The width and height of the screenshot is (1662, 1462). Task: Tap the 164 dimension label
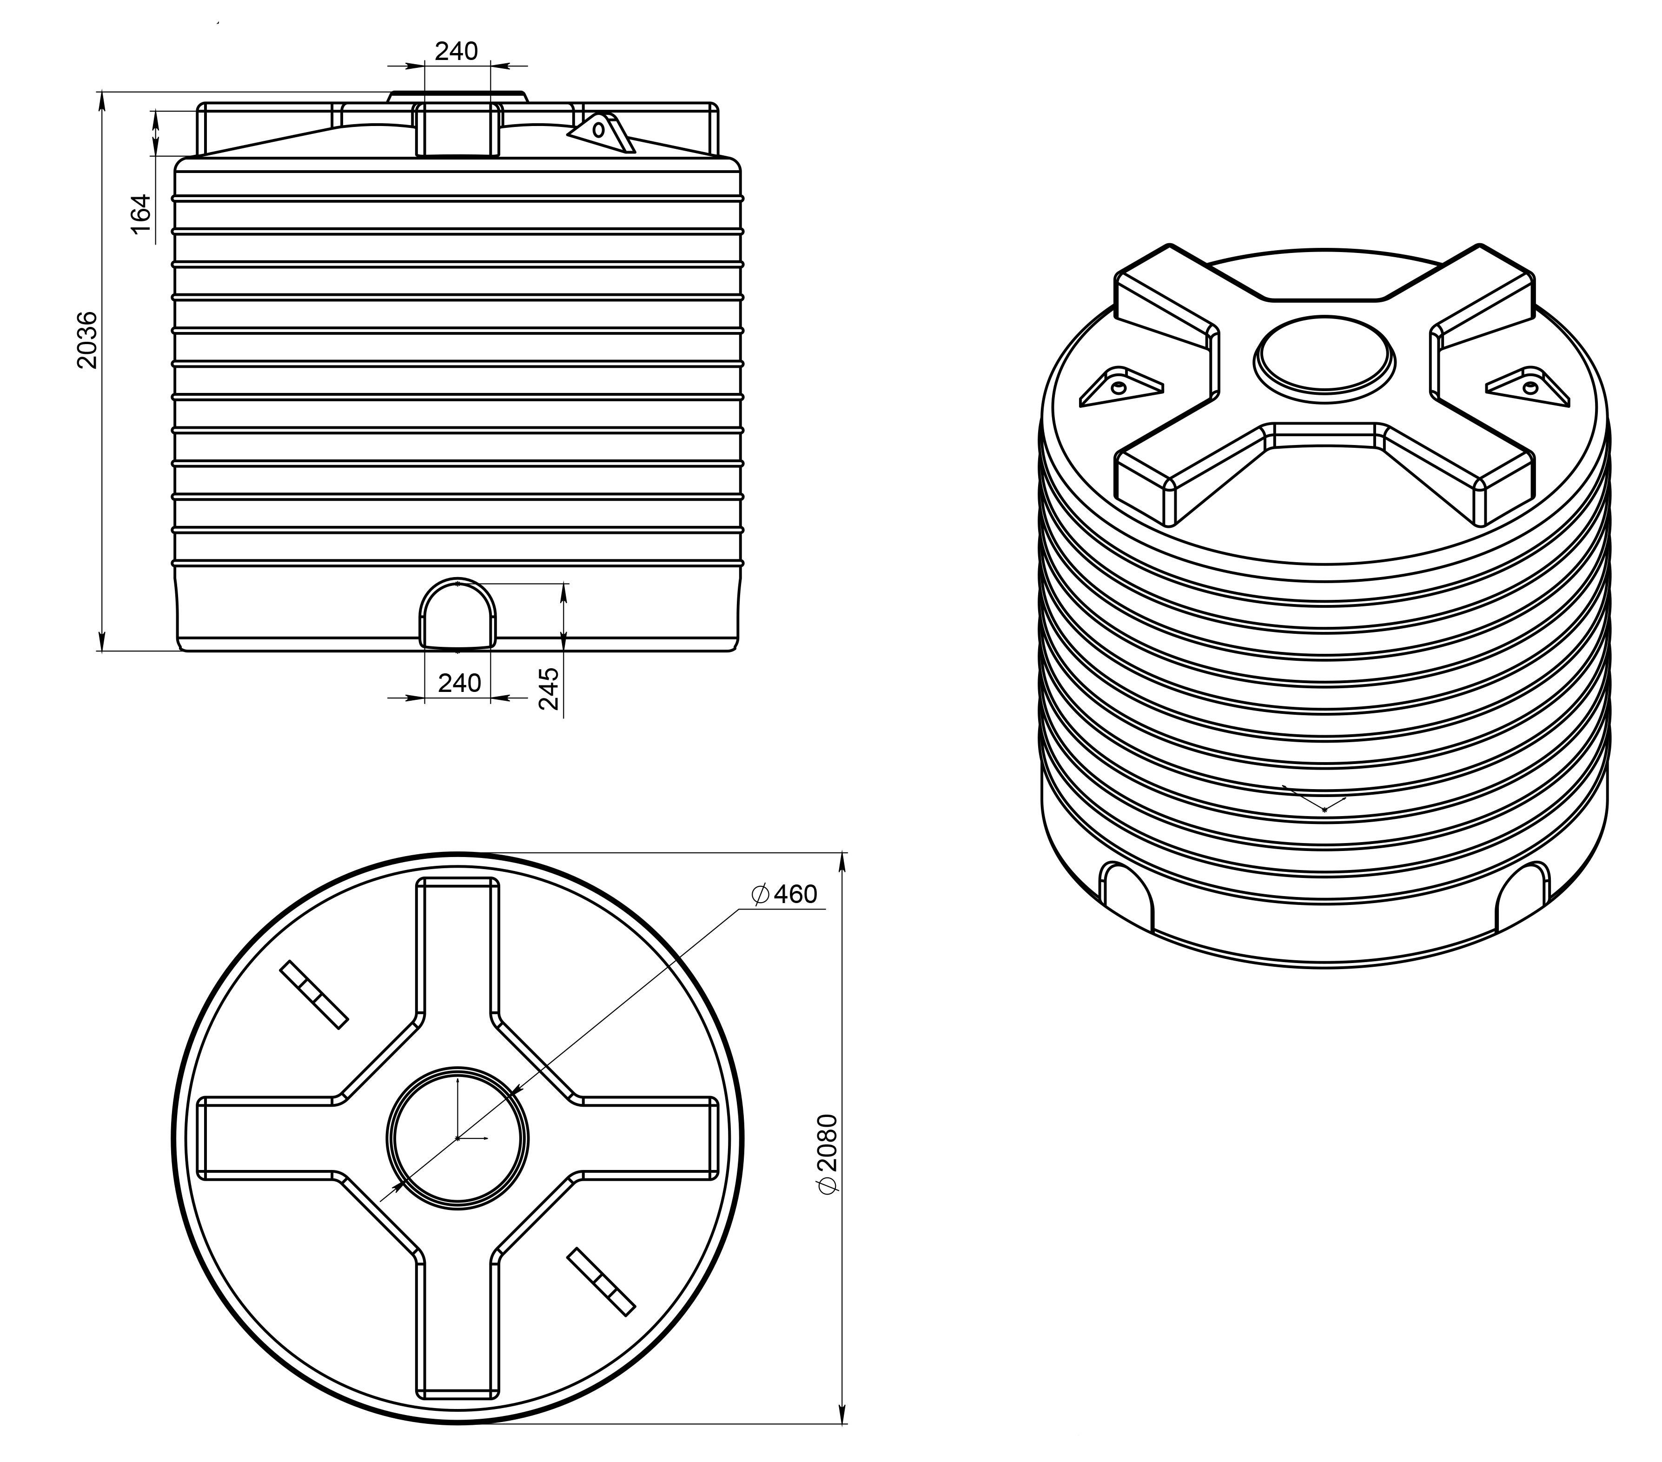pyautogui.click(x=141, y=214)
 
